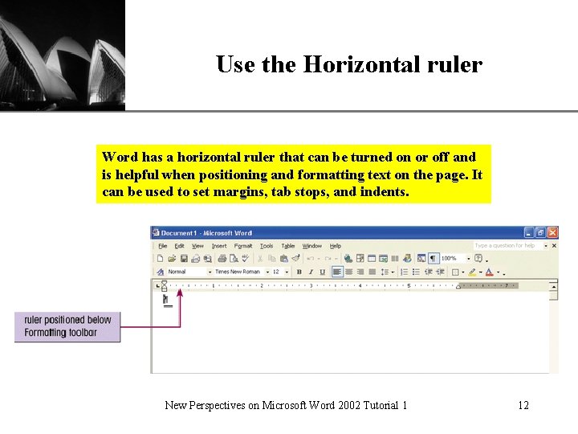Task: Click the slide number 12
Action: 523,405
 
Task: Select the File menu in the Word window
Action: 162,246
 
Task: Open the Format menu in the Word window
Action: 243,246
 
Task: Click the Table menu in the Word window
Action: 288,246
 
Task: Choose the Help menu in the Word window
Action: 336,246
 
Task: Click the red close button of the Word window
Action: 552,233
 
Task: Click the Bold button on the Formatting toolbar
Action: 299,272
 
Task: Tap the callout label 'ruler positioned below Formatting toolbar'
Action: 67,326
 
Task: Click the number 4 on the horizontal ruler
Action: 360,285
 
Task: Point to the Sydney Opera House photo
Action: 63,55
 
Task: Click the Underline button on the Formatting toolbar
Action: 322,272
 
